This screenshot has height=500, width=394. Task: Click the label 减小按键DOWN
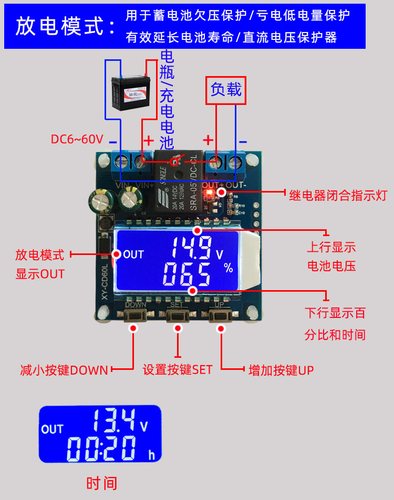coord(64,370)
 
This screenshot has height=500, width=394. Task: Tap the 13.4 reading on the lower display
coord(111,419)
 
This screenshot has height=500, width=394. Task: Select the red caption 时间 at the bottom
coord(102,483)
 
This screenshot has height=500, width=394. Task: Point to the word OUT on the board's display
coord(133,255)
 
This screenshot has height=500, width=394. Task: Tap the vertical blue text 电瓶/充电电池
coord(167,100)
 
